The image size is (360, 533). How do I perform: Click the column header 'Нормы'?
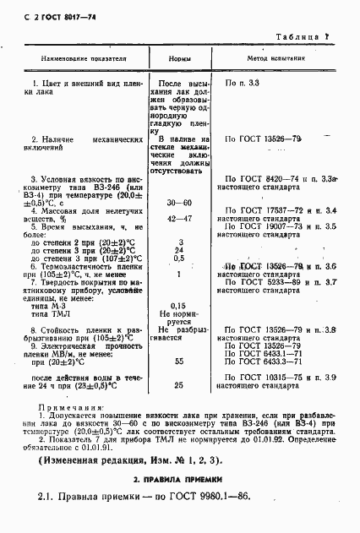click(178, 61)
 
